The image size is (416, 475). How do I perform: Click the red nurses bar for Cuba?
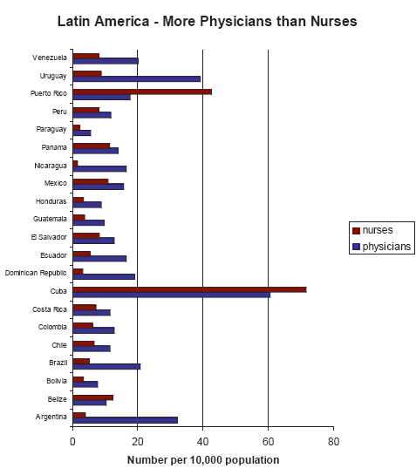(x=189, y=289)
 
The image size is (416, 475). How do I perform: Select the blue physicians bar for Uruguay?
(x=136, y=78)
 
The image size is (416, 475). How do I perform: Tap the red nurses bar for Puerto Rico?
(x=141, y=91)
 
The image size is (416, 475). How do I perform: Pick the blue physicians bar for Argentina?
(x=125, y=420)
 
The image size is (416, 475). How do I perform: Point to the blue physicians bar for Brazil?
(x=106, y=366)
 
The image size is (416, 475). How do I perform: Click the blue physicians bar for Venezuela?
(x=105, y=61)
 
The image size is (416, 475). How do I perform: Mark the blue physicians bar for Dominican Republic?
(x=103, y=276)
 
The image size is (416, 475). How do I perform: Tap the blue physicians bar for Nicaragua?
(x=99, y=169)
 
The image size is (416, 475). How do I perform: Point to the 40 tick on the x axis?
(x=202, y=441)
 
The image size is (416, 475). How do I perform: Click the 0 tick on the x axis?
(x=72, y=441)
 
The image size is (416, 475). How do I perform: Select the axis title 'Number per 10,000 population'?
(x=202, y=458)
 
